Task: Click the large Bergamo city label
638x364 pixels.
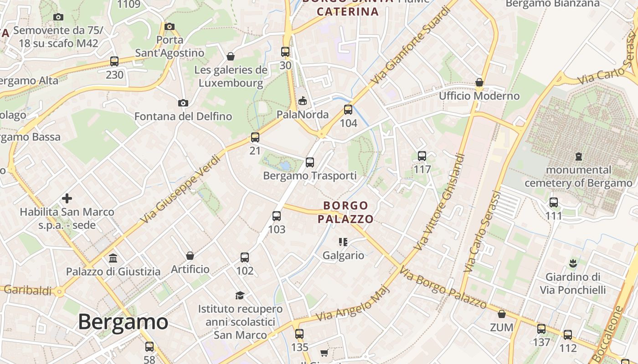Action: click(x=123, y=322)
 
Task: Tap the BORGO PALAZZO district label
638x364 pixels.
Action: click(x=345, y=212)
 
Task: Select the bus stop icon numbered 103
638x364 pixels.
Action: click(x=277, y=216)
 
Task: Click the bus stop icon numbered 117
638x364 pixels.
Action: click(x=422, y=156)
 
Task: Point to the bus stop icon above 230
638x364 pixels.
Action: click(x=114, y=61)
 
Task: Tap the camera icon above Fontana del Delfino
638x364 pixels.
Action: click(x=183, y=103)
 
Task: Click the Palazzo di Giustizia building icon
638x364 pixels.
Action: click(x=113, y=258)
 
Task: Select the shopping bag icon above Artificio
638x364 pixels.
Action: click(x=190, y=256)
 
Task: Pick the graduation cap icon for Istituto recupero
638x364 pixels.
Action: click(x=240, y=296)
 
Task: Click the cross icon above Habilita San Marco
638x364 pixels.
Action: click(x=67, y=198)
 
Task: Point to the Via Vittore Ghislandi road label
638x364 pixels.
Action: click(x=440, y=202)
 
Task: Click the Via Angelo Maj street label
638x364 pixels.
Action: click(x=353, y=303)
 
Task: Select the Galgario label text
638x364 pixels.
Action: click(x=344, y=255)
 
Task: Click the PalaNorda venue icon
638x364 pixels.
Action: click(x=302, y=101)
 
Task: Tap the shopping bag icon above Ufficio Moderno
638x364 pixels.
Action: click(x=479, y=82)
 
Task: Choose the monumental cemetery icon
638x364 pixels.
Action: click(x=579, y=157)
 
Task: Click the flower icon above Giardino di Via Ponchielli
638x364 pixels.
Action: click(x=573, y=263)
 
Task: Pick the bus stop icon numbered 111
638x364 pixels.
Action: click(x=554, y=202)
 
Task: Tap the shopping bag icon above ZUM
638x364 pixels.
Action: click(x=502, y=314)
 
